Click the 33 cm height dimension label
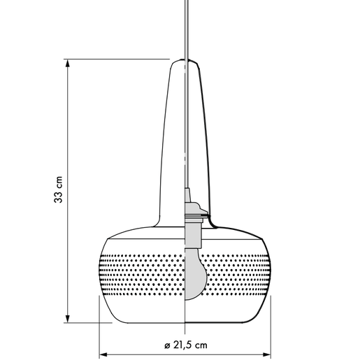(59, 189)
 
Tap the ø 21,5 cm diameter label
(186, 345)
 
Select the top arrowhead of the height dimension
(68, 64)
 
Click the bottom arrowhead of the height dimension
(68, 319)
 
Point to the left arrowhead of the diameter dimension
(103, 354)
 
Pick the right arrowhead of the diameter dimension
(266, 354)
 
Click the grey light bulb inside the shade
(195, 274)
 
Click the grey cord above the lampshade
(187, 29)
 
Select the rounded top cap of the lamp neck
(185, 62)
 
